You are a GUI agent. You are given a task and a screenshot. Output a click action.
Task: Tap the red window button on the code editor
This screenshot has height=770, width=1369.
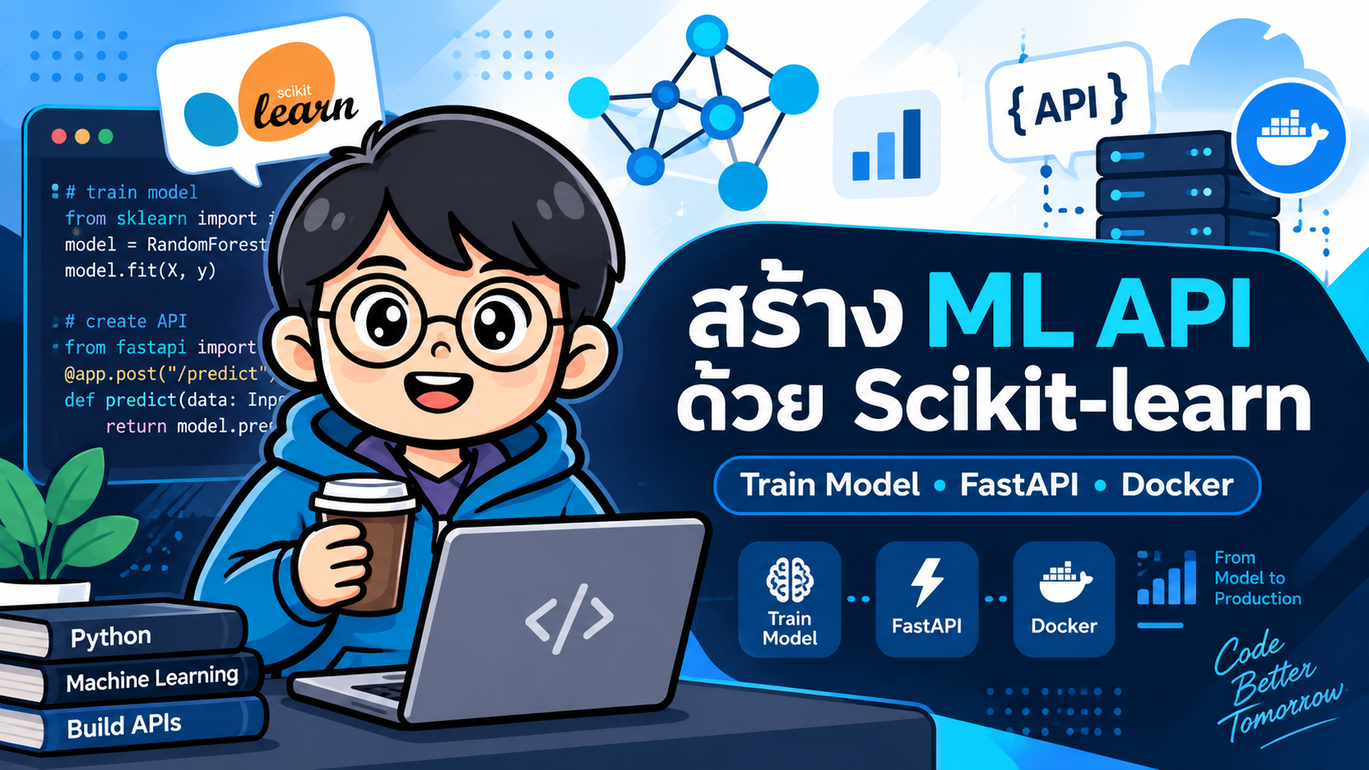[59, 136]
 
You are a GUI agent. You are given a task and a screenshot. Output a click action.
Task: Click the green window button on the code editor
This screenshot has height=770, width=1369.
[106, 136]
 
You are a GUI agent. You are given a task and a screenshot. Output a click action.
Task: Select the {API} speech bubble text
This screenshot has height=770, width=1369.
[1067, 105]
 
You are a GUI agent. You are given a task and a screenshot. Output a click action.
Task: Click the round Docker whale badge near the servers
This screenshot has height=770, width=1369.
[1290, 137]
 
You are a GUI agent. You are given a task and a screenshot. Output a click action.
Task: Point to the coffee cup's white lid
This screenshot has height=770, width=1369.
[365, 496]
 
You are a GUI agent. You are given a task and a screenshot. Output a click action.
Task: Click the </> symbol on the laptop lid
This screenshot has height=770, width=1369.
[569, 619]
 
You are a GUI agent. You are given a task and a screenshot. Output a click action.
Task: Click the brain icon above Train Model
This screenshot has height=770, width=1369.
[789, 580]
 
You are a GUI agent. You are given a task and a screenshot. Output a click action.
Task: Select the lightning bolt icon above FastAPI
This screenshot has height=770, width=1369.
[927, 581]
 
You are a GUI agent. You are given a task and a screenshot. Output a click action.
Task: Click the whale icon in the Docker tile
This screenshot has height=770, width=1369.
[1064, 581]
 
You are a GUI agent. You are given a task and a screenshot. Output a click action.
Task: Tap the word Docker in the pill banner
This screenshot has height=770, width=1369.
[1177, 485]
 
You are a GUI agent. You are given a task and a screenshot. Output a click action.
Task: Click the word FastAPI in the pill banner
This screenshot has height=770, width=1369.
[1019, 485]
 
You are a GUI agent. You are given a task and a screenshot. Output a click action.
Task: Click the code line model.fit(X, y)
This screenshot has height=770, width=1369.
[141, 271]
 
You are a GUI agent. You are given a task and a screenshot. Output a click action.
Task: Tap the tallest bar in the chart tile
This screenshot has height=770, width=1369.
[912, 144]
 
